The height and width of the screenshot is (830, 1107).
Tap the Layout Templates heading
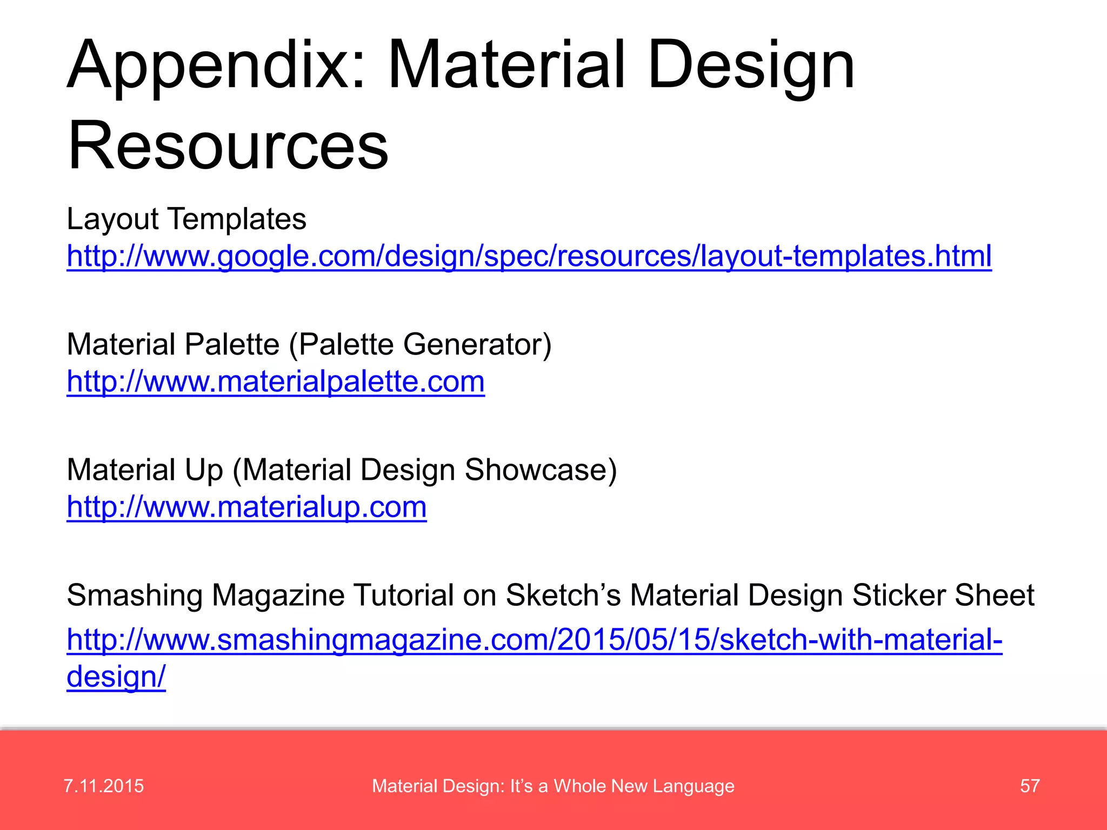pyautogui.click(x=186, y=219)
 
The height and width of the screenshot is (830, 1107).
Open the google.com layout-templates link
pyautogui.click(x=529, y=256)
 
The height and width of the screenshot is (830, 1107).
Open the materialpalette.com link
pyautogui.click(x=276, y=381)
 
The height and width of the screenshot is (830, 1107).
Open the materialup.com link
pyautogui.click(x=246, y=507)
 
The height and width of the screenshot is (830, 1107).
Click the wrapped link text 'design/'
pyautogui.click(x=116, y=676)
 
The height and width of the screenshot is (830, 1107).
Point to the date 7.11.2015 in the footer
pyautogui.click(x=104, y=786)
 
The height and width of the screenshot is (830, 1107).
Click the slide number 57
pyautogui.click(x=1030, y=786)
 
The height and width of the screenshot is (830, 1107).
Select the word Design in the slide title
pyautogui.click(x=751, y=66)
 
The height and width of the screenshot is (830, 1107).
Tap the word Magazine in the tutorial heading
pyautogui.click(x=278, y=595)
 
